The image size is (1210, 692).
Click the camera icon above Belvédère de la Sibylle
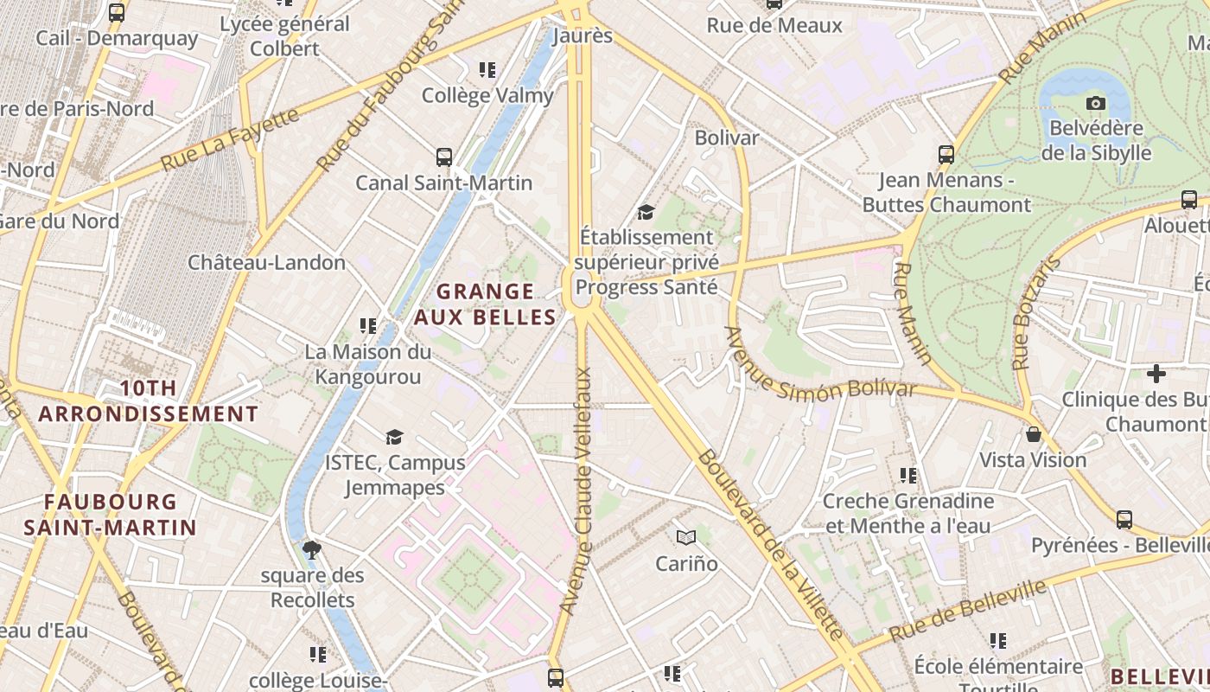click(1096, 104)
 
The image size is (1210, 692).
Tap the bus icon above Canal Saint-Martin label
click(444, 157)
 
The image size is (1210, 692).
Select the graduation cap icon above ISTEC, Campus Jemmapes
click(395, 438)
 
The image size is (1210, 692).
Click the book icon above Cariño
click(686, 538)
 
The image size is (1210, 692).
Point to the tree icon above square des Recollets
click(312, 549)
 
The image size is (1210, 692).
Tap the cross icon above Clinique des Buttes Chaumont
click(1156, 374)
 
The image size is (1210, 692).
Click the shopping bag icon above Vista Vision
click(1033, 434)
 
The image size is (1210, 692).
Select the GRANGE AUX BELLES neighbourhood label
click(485, 304)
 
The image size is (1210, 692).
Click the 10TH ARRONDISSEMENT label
click(149, 401)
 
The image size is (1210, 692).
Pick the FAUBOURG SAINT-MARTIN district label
click(110, 514)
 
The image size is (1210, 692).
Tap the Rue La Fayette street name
click(230, 138)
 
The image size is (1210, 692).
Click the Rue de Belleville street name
click(967, 612)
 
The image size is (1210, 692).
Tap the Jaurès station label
click(583, 36)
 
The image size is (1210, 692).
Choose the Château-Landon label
click(267, 262)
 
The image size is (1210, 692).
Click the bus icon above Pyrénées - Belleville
click(1124, 520)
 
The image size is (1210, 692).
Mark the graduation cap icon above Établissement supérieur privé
click(646, 212)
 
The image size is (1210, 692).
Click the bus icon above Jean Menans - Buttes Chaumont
click(946, 155)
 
